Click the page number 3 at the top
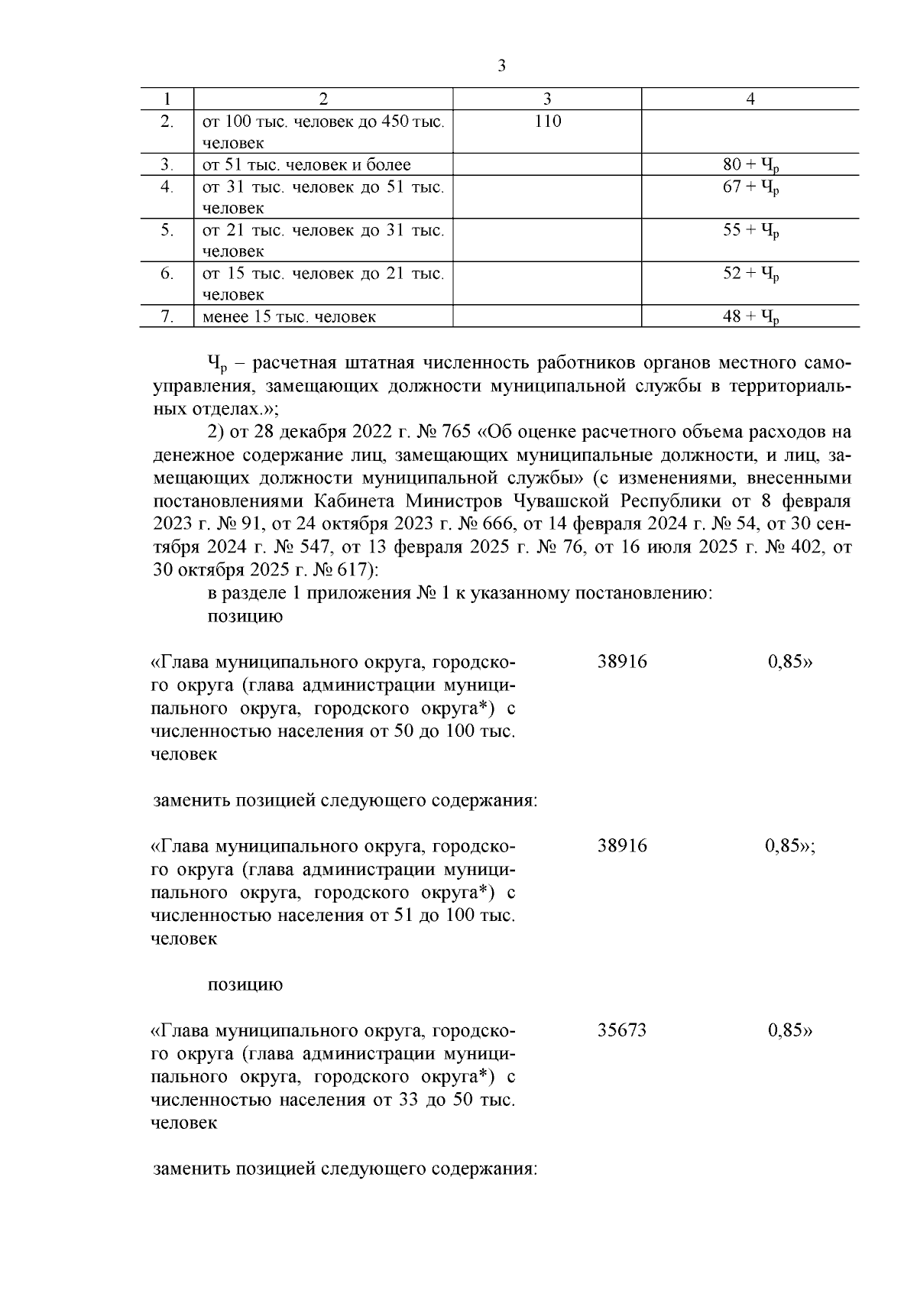tap(501, 66)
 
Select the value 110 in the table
tap(547, 121)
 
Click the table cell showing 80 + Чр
tap(750, 165)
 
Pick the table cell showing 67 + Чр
tap(750, 187)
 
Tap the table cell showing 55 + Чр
tap(750, 231)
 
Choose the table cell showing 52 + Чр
tap(750, 274)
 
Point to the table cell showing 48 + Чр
tap(750, 317)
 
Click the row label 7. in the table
tap(167, 316)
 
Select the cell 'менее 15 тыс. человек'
tap(289, 316)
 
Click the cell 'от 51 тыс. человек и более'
tap(306, 165)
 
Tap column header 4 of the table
tap(750, 99)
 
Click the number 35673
tap(622, 1030)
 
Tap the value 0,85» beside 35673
tap(789, 1030)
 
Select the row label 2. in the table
tap(167, 121)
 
